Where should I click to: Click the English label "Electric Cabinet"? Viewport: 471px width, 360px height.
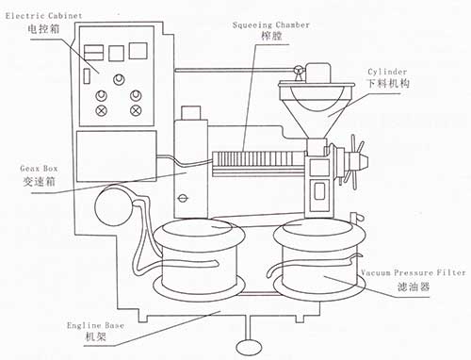point(43,16)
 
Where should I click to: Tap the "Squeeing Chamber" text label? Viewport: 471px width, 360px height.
point(271,25)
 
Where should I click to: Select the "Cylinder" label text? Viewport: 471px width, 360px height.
point(387,72)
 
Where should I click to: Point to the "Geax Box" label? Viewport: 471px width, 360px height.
point(39,169)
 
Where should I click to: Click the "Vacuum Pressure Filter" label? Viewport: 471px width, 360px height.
point(414,272)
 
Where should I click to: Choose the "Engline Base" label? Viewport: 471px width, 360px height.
point(95,325)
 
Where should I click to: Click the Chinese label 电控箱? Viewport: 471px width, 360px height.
point(43,29)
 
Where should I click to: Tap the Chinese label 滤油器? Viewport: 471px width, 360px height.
point(414,286)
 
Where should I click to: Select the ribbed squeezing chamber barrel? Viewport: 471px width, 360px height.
point(258,159)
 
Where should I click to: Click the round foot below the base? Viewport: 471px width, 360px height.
point(249,347)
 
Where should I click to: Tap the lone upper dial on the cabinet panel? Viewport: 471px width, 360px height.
point(119,79)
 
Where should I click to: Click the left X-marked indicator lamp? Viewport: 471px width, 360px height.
point(101,110)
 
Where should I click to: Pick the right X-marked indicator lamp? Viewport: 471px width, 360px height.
point(136,110)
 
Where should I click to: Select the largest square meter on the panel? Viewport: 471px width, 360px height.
point(138,51)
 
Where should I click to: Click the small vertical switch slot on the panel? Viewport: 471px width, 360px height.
point(87,76)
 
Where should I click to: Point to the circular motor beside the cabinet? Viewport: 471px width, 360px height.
point(114,205)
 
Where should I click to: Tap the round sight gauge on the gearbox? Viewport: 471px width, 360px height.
point(183,198)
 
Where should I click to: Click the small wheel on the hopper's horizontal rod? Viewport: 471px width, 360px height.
point(299,70)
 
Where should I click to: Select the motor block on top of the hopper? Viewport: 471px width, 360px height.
point(318,73)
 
